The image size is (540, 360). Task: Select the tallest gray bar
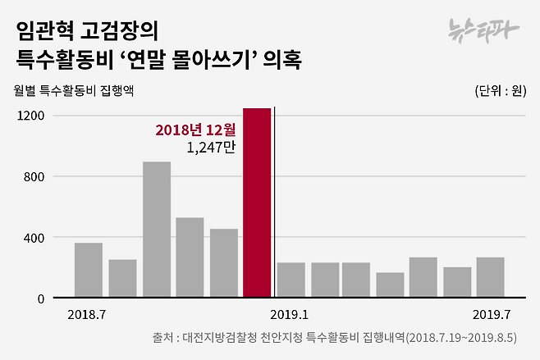coord(156,230)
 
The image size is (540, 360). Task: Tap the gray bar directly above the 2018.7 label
coord(88,271)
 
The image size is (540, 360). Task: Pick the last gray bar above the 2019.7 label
coord(490,278)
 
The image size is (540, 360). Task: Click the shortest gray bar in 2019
coord(390,285)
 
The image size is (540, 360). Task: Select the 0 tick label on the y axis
coord(39,298)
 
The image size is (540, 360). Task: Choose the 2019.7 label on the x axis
coord(490,314)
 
